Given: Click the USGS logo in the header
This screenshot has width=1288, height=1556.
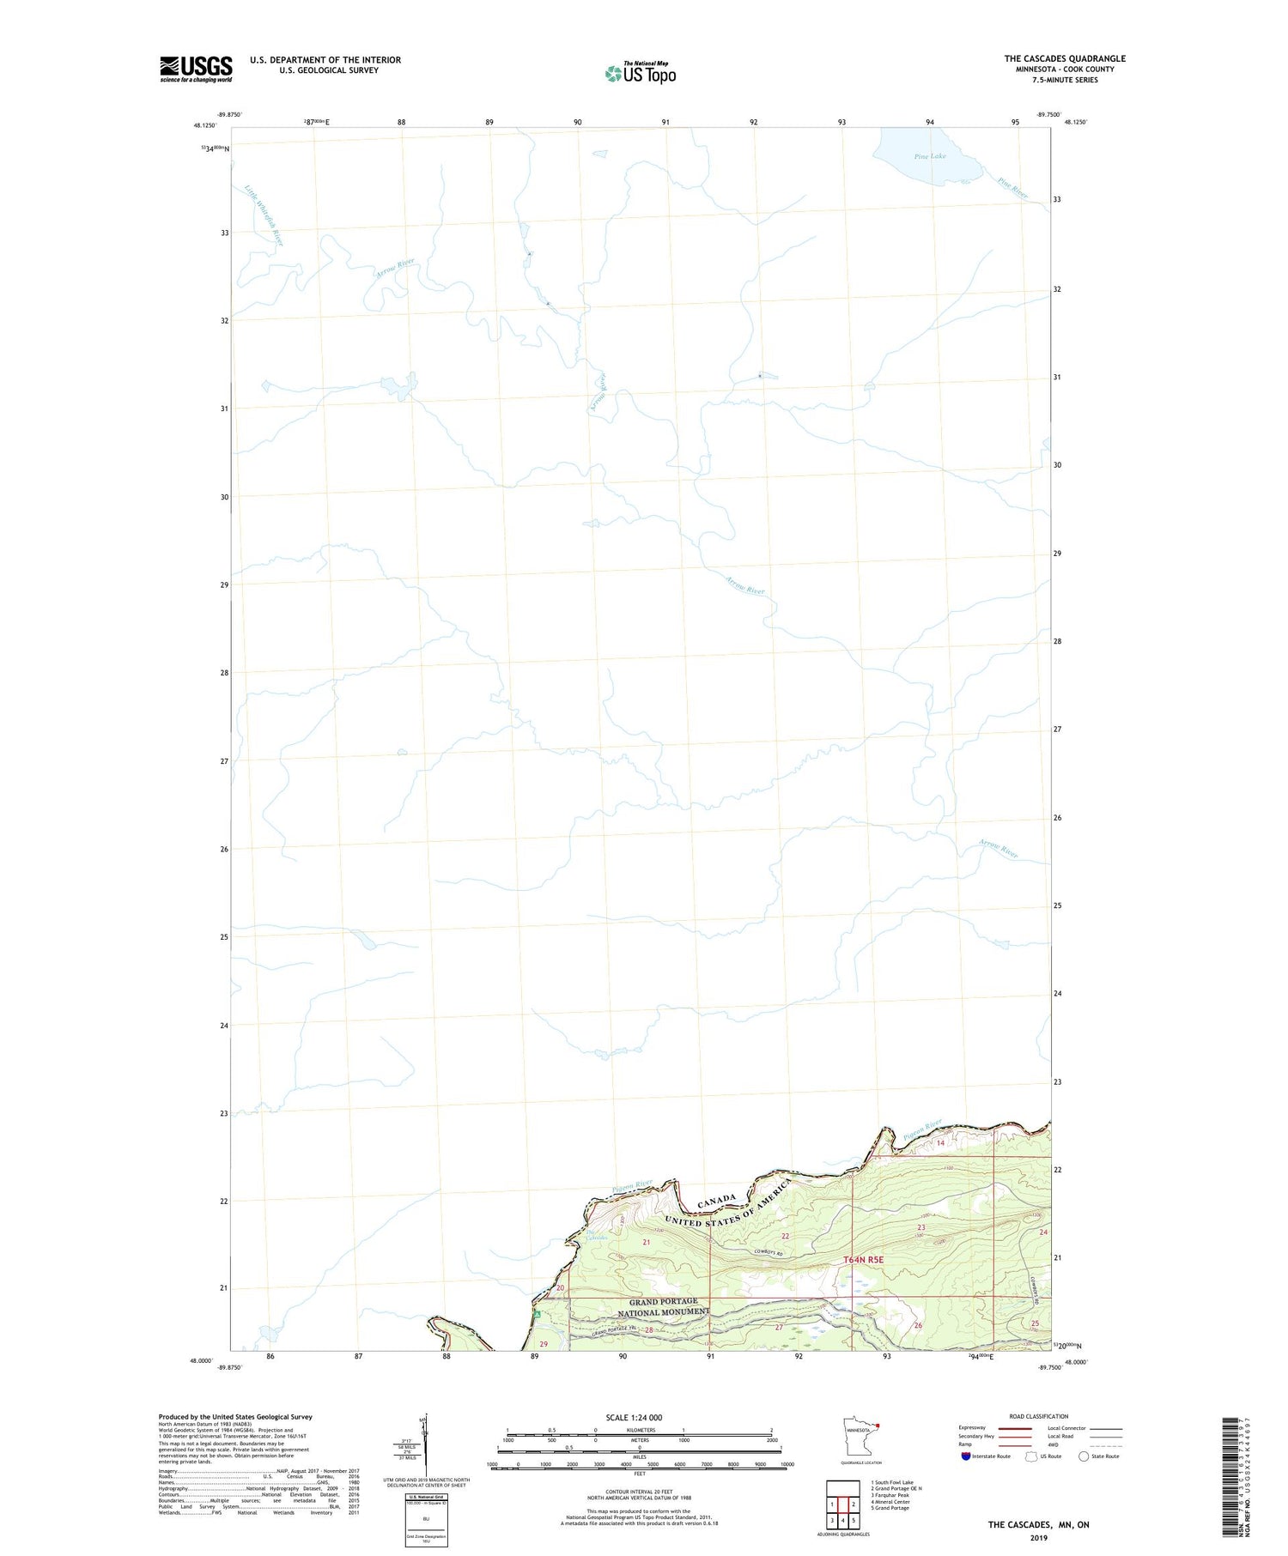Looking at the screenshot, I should point(196,69).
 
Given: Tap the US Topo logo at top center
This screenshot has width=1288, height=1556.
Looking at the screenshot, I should point(641,74).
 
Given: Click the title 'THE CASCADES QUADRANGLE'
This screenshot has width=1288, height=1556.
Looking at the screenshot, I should point(1065,58).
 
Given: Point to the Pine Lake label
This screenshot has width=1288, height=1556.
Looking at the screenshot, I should point(930,156).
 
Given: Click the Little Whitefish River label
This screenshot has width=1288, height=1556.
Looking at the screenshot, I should point(264,215).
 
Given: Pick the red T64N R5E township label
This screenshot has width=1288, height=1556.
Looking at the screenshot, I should point(863,1260).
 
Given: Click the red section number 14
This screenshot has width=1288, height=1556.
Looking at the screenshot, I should point(940,1143).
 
